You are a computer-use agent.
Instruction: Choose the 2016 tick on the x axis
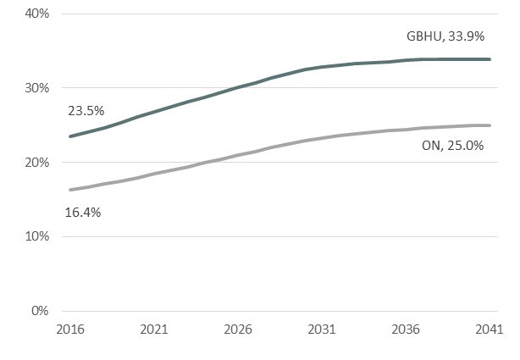(x=69, y=329)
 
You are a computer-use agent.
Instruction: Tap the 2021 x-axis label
(x=153, y=329)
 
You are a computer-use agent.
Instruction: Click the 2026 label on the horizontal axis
(x=237, y=329)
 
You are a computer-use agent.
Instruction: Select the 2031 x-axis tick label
(x=321, y=329)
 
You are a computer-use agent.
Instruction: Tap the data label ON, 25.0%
(x=452, y=146)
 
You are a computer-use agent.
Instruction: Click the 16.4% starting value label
(x=83, y=213)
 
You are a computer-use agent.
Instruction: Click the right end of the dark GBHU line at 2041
(x=490, y=59)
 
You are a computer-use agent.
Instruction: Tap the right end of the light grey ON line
(x=490, y=125)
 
